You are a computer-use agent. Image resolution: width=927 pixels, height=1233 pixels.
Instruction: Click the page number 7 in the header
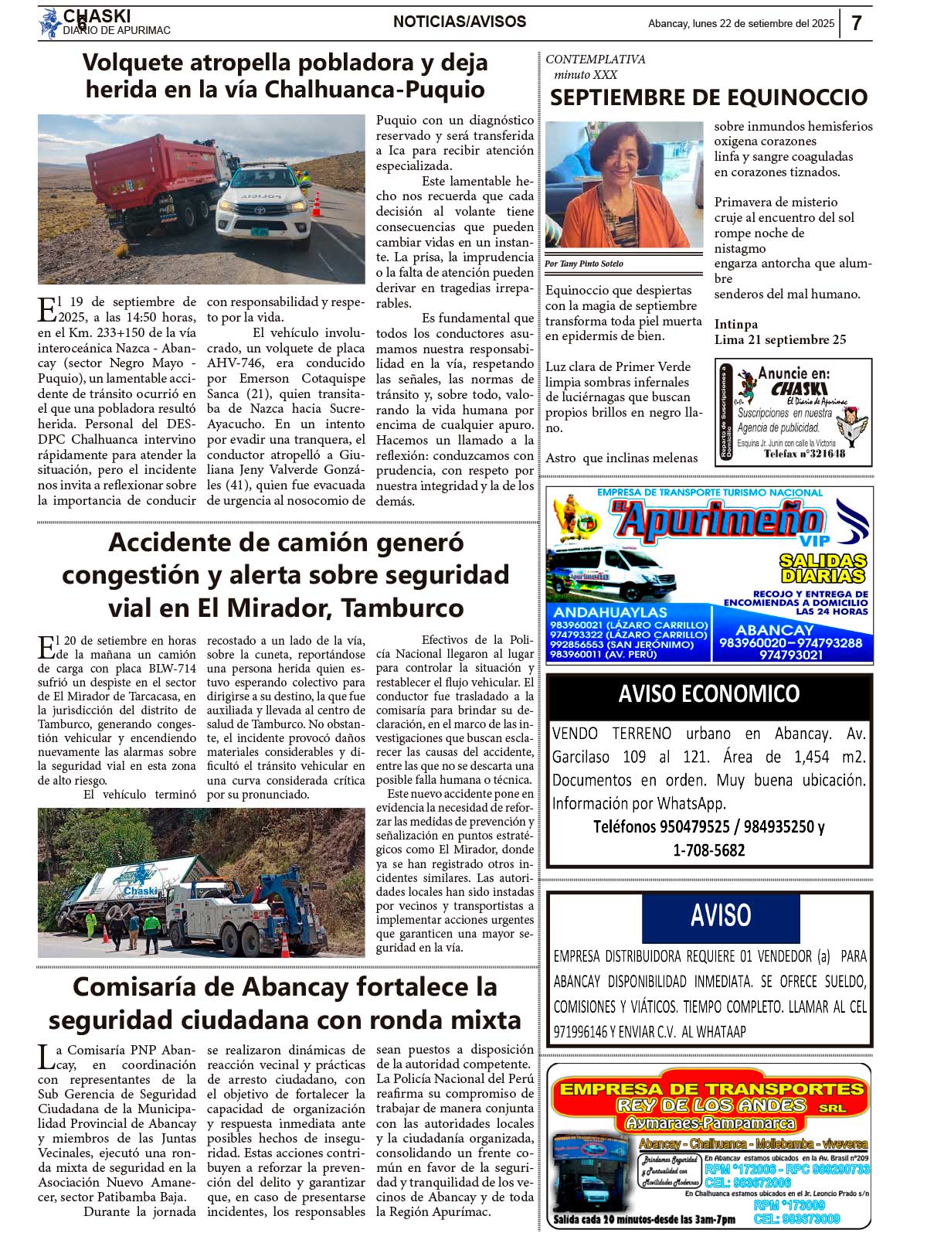(x=856, y=23)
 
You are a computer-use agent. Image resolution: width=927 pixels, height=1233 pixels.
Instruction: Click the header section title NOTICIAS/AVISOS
(x=460, y=22)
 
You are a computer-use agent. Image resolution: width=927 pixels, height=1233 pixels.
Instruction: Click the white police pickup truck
(x=262, y=202)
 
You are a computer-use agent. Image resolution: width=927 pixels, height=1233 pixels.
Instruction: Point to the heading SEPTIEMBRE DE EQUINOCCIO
(x=708, y=97)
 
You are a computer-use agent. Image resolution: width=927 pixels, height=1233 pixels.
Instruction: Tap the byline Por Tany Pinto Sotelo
(x=583, y=264)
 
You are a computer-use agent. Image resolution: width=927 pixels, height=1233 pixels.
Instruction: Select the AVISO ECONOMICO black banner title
(x=708, y=693)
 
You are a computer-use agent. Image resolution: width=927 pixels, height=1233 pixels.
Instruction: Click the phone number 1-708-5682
(x=708, y=850)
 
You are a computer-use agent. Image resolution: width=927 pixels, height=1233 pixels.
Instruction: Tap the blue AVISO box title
(x=720, y=915)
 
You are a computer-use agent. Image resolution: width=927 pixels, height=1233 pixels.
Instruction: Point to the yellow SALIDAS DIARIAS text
(x=822, y=568)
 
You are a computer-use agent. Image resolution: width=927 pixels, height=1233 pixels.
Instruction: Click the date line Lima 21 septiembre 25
(x=779, y=340)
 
